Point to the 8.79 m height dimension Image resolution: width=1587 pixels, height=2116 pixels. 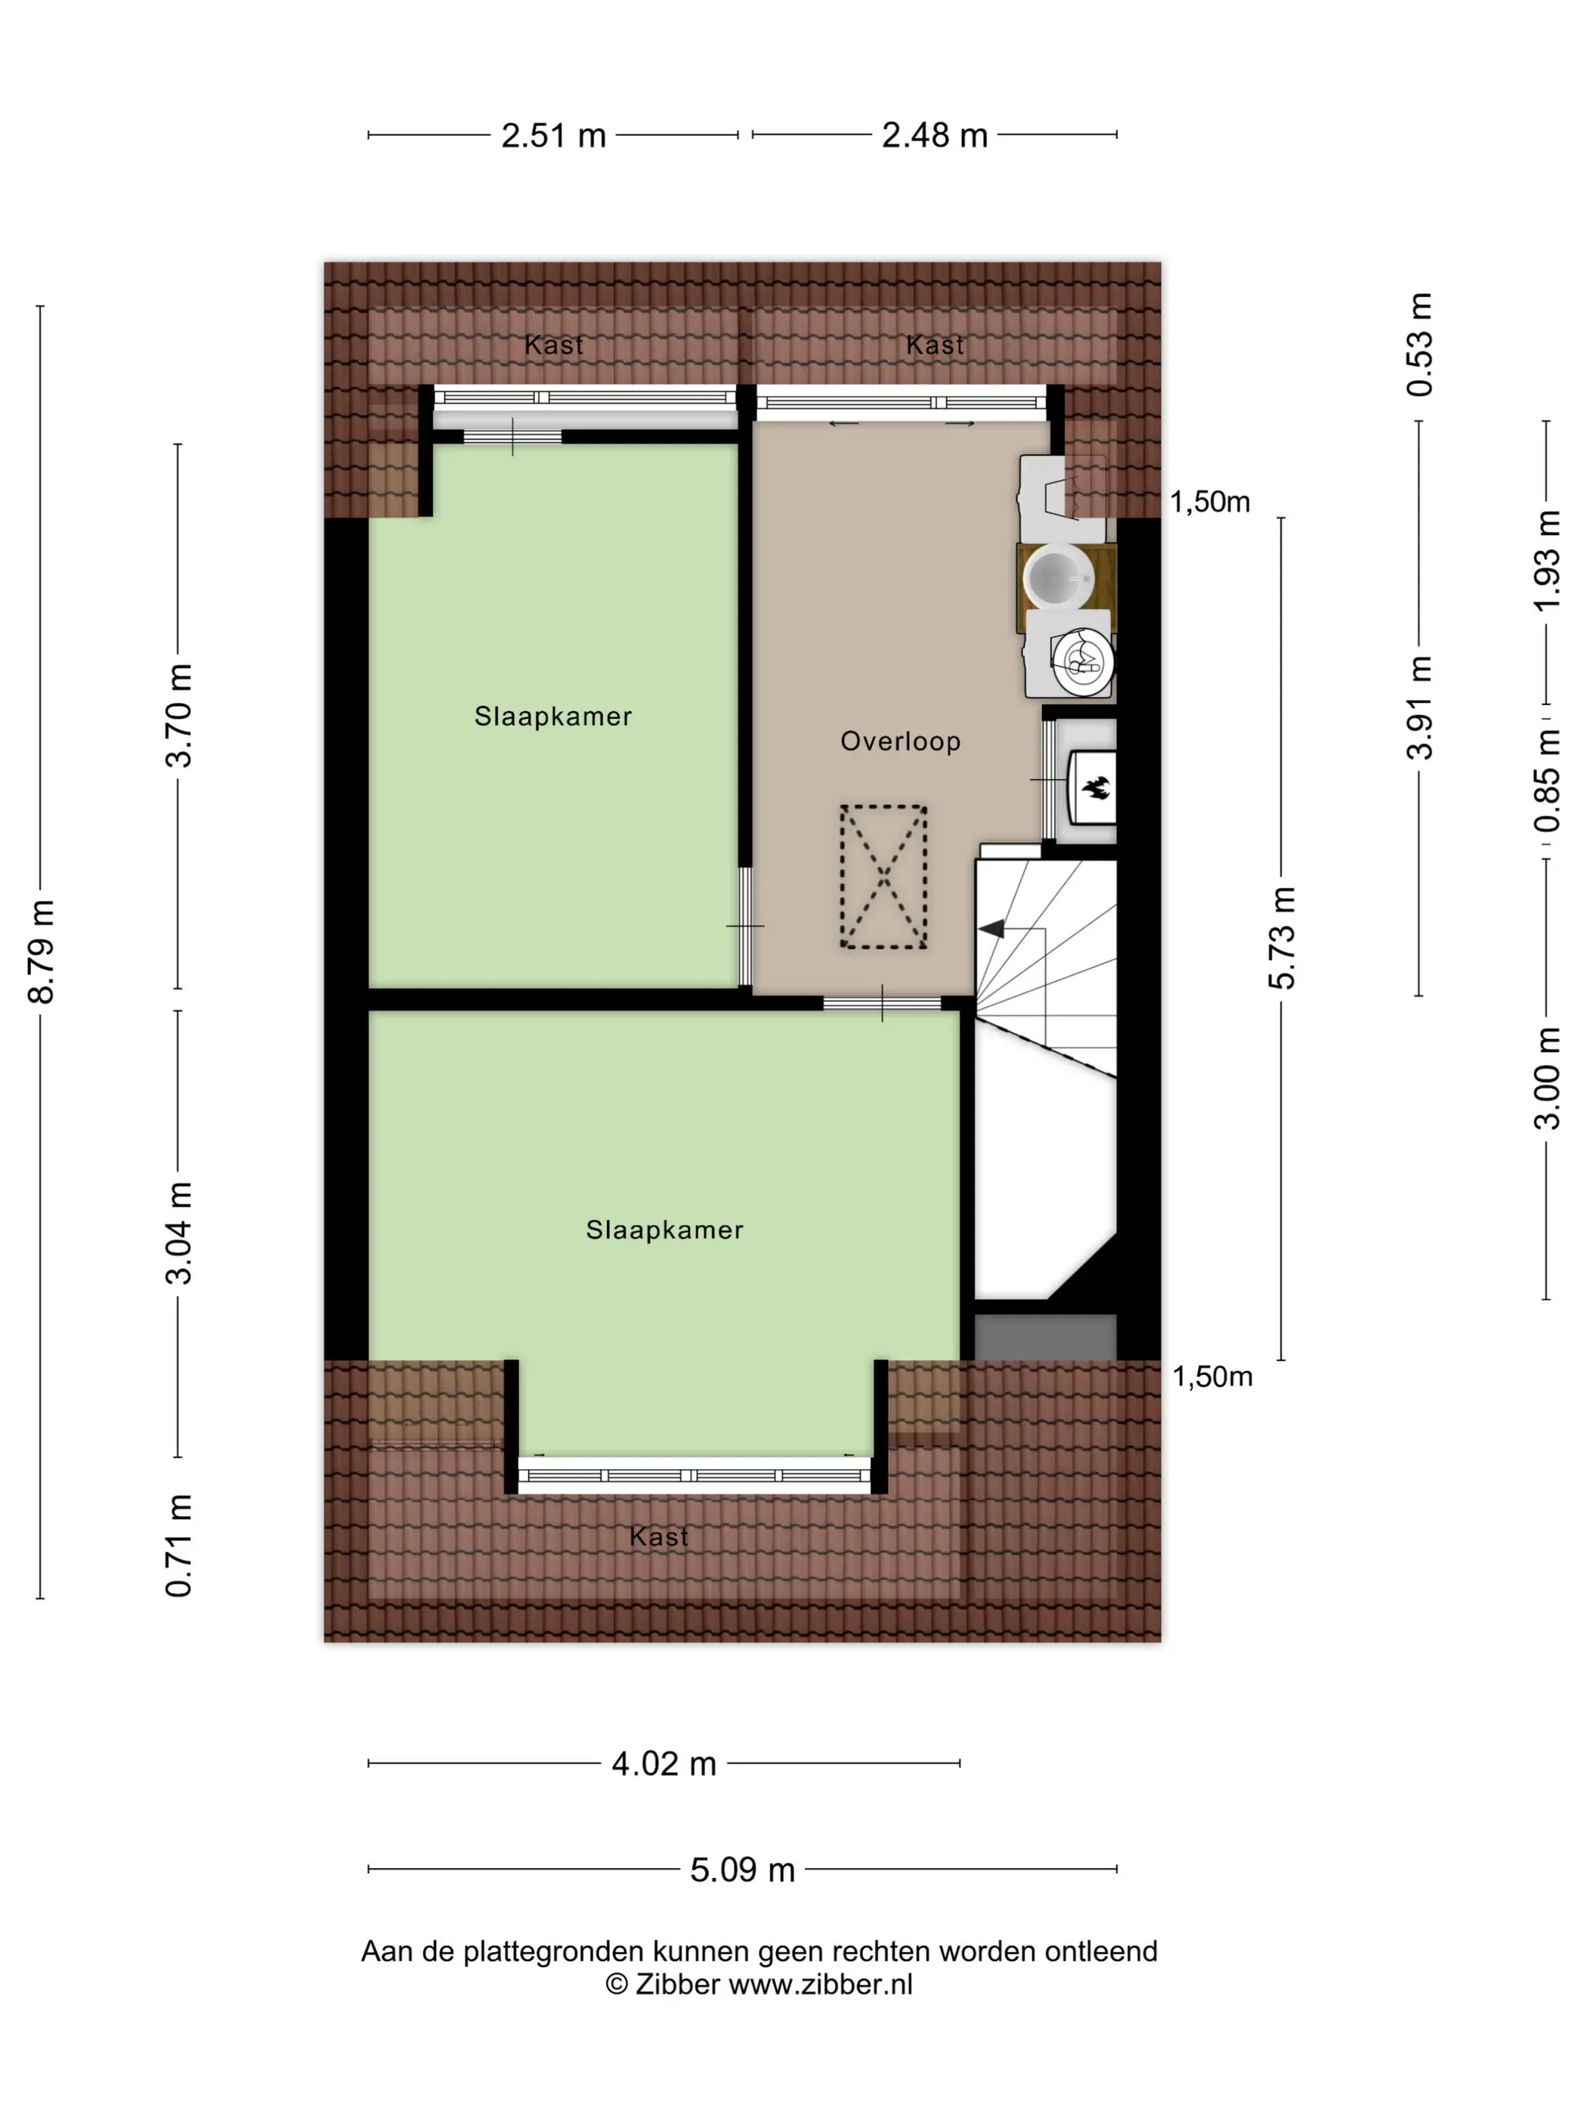point(41,951)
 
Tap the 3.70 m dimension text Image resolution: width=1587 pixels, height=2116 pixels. point(179,716)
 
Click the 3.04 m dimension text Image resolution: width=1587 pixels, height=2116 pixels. point(179,1232)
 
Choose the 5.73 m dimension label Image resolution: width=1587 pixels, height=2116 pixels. point(1282,938)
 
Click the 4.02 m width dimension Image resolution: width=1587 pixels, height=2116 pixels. point(664,1763)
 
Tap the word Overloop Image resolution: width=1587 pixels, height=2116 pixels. point(900,741)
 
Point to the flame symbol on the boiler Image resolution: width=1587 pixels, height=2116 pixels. point(1094,788)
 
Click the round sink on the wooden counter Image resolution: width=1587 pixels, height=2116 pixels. point(1058,577)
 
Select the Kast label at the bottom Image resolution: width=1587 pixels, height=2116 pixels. point(659,1536)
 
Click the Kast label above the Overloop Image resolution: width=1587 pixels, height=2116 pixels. point(935,345)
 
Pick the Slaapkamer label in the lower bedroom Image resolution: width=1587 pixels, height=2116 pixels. point(665,1230)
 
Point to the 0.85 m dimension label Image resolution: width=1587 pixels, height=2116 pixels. point(1547,780)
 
